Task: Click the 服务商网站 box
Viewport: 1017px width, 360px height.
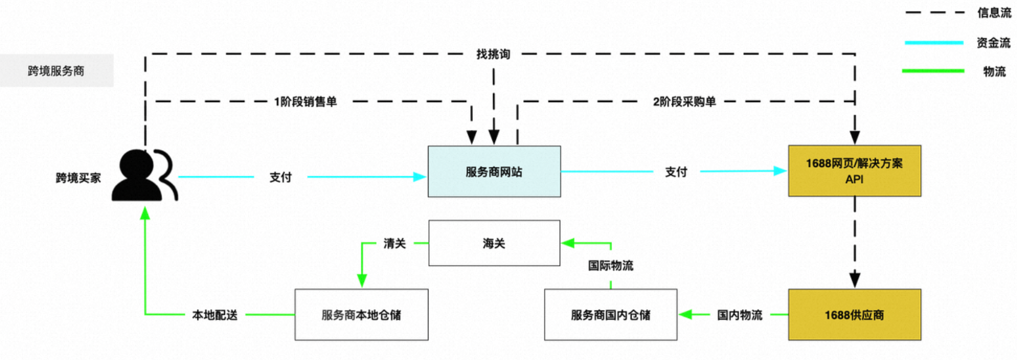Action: [x=494, y=172]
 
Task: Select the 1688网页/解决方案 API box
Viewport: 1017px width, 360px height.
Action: [x=854, y=171]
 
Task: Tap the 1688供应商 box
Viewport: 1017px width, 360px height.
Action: [x=854, y=314]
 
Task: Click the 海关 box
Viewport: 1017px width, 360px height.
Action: [x=494, y=243]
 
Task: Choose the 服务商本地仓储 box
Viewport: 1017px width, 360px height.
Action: [x=361, y=314]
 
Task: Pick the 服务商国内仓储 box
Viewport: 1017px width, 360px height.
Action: [x=611, y=314]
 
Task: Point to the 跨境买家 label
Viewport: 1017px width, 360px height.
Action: [x=78, y=178]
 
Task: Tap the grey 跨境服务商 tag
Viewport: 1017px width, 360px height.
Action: [x=56, y=71]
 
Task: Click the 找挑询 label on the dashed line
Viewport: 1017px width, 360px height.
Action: [x=493, y=54]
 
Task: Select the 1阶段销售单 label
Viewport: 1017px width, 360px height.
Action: [x=306, y=102]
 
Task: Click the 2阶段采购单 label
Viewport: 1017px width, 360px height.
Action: [x=684, y=102]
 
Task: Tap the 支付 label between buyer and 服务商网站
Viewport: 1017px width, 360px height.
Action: [x=280, y=177]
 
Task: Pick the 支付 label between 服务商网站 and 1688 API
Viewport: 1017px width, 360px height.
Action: [x=676, y=172]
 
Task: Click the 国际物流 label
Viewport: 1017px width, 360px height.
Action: [x=611, y=265]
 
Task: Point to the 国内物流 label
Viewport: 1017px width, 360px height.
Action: [x=739, y=314]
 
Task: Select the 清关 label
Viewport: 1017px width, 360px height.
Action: [x=394, y=243]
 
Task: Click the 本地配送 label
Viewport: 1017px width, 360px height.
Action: [x=214, y=314]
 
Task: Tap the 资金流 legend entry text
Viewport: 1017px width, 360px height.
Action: [x=993, y=43]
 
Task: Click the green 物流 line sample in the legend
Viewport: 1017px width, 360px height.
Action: [x=933, y=71]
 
